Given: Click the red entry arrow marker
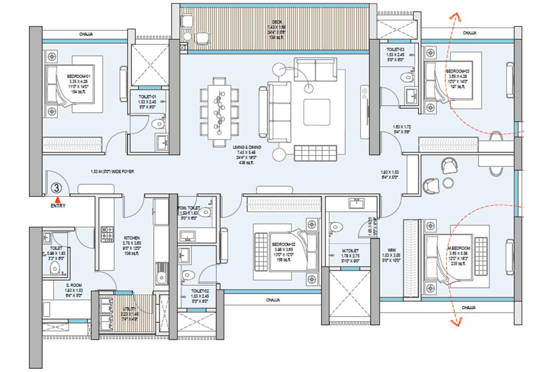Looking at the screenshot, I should click(x=58, y=199).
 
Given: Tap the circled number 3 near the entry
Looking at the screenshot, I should click(x=56, y=188).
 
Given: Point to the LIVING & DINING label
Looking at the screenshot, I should click(x=247, y=147).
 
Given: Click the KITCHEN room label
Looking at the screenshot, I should click(x=132, y=238).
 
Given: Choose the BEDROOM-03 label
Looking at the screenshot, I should click(x=457, y=71).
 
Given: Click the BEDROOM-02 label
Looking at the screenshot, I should click(x=284, y=244).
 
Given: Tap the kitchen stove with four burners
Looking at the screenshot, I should click(x=107, y=234).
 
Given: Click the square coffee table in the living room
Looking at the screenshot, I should click(x=317, y=112).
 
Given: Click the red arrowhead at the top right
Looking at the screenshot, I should click(x=455, y=16).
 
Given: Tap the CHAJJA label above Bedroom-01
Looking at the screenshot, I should click(x=86, y=35).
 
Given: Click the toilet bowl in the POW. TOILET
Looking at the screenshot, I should click(x=205, y=212).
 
